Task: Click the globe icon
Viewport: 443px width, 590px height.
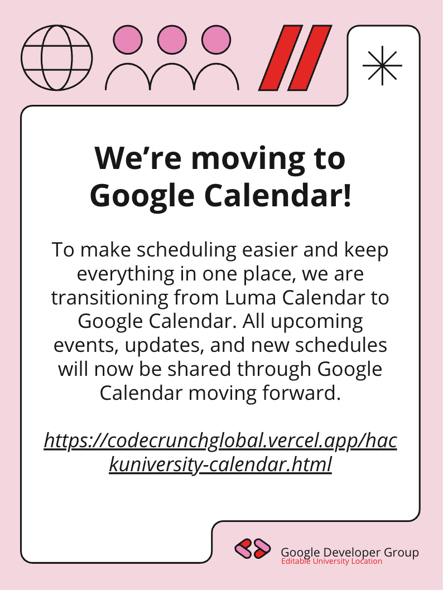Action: tap(56, 58)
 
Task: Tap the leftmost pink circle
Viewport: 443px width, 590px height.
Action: tap(128, 40)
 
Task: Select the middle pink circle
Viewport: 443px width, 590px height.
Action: tap(172, 40)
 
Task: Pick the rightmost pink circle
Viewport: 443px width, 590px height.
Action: tap(216, 40)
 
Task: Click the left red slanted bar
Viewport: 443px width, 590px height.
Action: tap(281, 58)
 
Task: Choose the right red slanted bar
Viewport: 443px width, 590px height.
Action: tap(310, 58)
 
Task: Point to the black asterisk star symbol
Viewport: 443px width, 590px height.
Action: tap(382, 65)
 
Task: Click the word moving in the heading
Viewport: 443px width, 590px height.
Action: tap(248, 159)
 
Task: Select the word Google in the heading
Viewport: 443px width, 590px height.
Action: tap(142, 197)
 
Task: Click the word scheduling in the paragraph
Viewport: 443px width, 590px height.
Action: tap(186, 250)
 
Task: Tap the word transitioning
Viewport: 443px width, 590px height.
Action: tap(109, 298)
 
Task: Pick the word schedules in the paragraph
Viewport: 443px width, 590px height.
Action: tap(341, 345)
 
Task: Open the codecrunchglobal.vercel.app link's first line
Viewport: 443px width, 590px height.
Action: tap(220, 441)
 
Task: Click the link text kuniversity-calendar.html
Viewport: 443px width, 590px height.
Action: tap(220, 465)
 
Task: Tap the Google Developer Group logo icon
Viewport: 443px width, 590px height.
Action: tap(253, 549)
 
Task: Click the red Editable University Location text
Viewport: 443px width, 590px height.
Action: tap(331, 561)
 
